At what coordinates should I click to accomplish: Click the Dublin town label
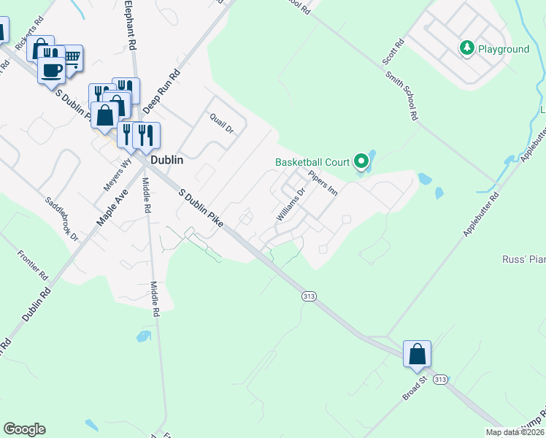click(166, 160)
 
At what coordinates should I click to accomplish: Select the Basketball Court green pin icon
click(361, 161)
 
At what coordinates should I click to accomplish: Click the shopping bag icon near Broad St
click(417, 354)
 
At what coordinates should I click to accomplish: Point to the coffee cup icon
click(51, 70)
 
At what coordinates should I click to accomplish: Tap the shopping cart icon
click(72, 58)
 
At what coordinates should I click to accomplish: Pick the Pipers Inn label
click(322, 183)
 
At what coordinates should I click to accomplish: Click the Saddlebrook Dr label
click(61, 215)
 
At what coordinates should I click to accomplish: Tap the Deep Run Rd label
click(161, 92)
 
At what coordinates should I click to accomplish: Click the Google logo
click(24, 429)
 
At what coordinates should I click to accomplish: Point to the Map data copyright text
click(515, 432)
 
